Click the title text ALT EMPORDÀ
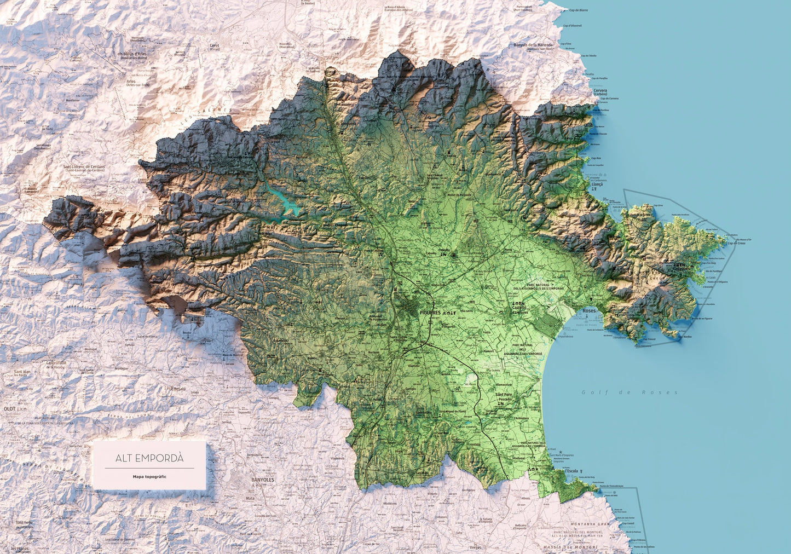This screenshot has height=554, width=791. tap(149, 458)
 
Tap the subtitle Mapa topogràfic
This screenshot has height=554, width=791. tap(149, 477)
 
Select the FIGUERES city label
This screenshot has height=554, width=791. tap(429, 313)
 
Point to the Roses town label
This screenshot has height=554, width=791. tap(589, 310)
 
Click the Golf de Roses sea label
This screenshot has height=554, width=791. tap(630, 392)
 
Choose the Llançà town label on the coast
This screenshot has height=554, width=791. tap(597, 184)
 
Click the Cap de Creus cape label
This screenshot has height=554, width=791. tap(736, 243)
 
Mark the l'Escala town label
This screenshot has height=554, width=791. tap(571, 471)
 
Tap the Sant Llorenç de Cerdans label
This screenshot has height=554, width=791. tap(83, 168)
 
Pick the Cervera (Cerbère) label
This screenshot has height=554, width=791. tap(600, 92)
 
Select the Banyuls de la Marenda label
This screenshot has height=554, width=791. tap(533, 46)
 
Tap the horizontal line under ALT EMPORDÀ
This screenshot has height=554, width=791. tap(149, 468)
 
